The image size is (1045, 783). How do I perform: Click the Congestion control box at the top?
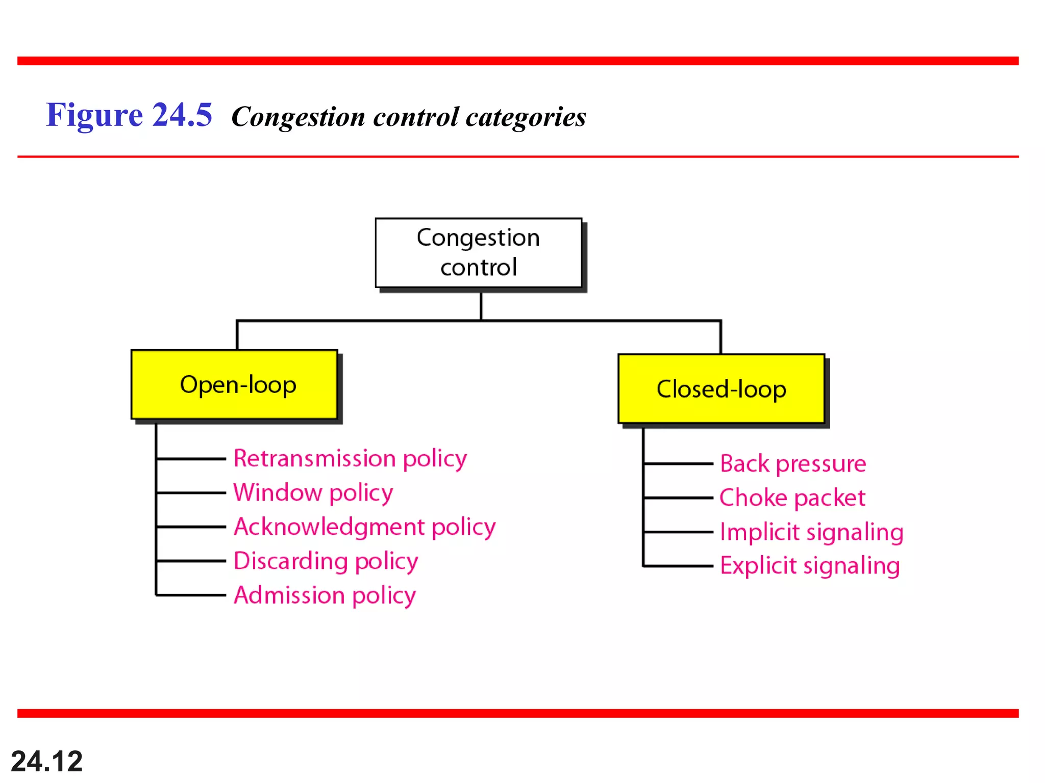pyautogui.click(x=478, y=253)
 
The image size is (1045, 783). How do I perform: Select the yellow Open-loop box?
pyautogui.click(x=234, y=385)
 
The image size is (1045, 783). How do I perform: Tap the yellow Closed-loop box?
pyautogui.click(x=721, y=389)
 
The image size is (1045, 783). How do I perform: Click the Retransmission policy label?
pyautogui.click(x=350, y=458)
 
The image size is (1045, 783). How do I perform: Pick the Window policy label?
pyautogui.click(x=313, y=492)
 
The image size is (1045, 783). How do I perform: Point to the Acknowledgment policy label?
pyautogui.click(x=364, y=527)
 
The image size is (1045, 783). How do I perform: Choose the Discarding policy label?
pyautogui.click(x=326, y=561)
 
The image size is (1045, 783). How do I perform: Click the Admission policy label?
pyautogui.click(x=325, y=595)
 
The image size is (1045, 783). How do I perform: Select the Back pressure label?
pyautogui.click(x=793, y=464)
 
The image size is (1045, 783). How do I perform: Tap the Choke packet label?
pyautogui.click(x=792, y=498)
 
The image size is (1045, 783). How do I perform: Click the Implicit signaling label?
pyautogui.click(x=811, y=532)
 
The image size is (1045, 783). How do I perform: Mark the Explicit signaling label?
pyautogui.click(x=810, y=566)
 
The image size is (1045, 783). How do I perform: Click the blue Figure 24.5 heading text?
pyautogui.click(x=129, y=115)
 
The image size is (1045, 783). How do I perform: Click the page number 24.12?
pyautogui.click(x=46, y=761)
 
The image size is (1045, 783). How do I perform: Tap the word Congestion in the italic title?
pyautogui.click(x=298, y=117)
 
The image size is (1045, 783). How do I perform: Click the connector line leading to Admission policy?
pyautogui.click(x=191, y=595)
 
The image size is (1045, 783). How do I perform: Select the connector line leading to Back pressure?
pyautogui.click(x=678, y=464)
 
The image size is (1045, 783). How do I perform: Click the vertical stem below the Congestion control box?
pyautogui.click(x=481, y=306)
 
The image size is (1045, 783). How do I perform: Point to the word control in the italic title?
pyautogui.click(x=416, y=117)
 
